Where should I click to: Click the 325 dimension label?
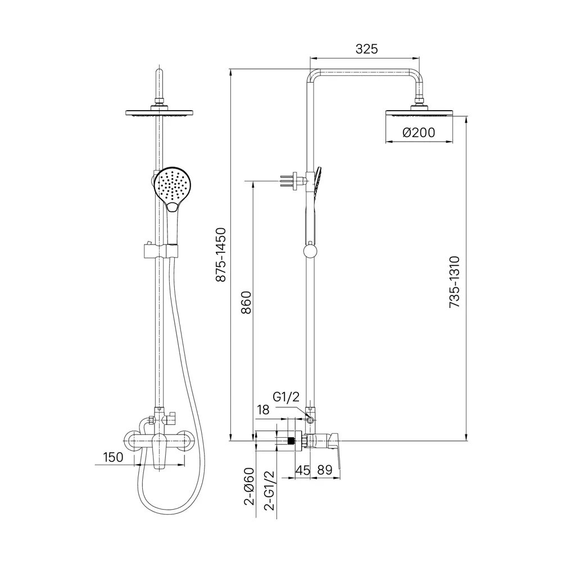coord(366,49)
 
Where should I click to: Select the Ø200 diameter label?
coord(419,133)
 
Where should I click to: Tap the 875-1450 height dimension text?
coord(221,255)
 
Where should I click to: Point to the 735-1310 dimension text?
coord(454,282)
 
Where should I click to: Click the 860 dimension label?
coord(246,302)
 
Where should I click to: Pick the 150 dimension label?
coord(113,457)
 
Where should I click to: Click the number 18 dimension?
coord(263,410)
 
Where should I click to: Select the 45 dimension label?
coord(302,470)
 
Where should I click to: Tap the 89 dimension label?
coord(325,470)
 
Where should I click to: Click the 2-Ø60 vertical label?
coord(249,486)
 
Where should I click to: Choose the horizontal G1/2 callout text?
coord(286,397)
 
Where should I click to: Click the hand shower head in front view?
coord(173,187)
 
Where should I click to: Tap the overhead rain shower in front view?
coord(160,112)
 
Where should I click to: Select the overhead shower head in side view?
coord(419,113)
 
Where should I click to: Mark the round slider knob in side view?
coord(310,250)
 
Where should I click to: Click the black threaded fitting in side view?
coord(291,440)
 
